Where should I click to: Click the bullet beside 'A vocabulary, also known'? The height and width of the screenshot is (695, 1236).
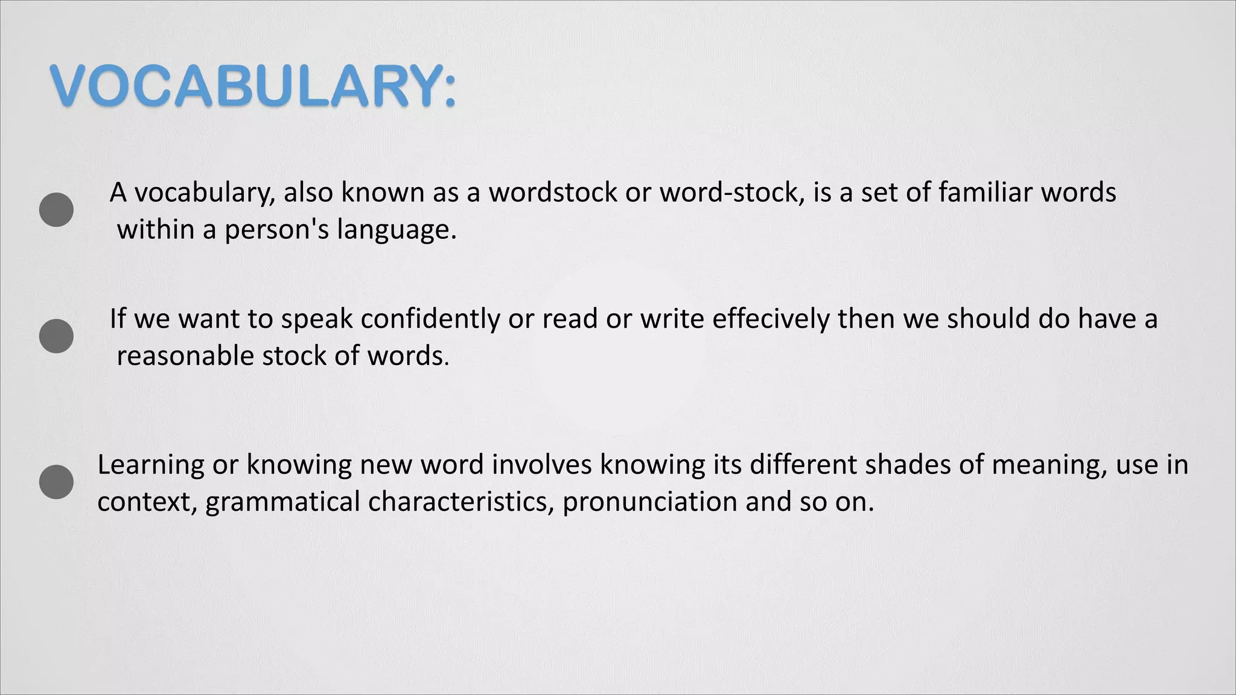(56, 210)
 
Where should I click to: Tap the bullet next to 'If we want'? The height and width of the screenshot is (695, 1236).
(56, 336)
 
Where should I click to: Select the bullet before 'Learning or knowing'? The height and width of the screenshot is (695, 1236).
(56, 482)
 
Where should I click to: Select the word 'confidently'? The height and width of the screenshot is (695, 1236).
(430, 319)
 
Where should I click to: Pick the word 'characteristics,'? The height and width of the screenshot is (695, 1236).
(461, 502)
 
